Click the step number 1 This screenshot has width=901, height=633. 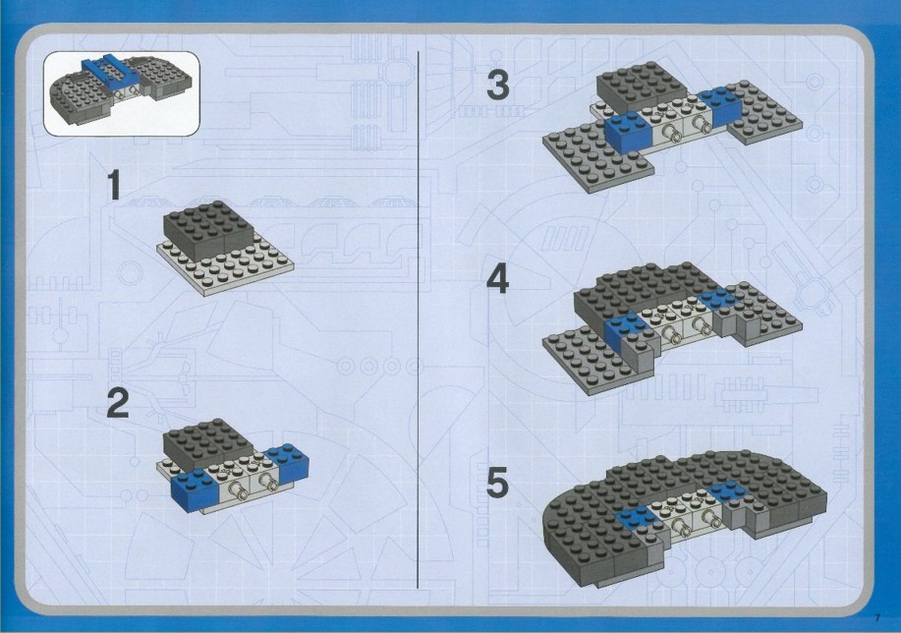coord(115,185)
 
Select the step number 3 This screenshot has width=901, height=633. coord(497,84)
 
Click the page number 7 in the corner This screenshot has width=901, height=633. coord(877,618)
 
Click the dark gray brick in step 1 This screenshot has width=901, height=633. coord(209,225)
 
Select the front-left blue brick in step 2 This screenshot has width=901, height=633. coord(196,489)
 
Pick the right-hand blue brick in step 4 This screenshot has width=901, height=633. coord(718,299)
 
